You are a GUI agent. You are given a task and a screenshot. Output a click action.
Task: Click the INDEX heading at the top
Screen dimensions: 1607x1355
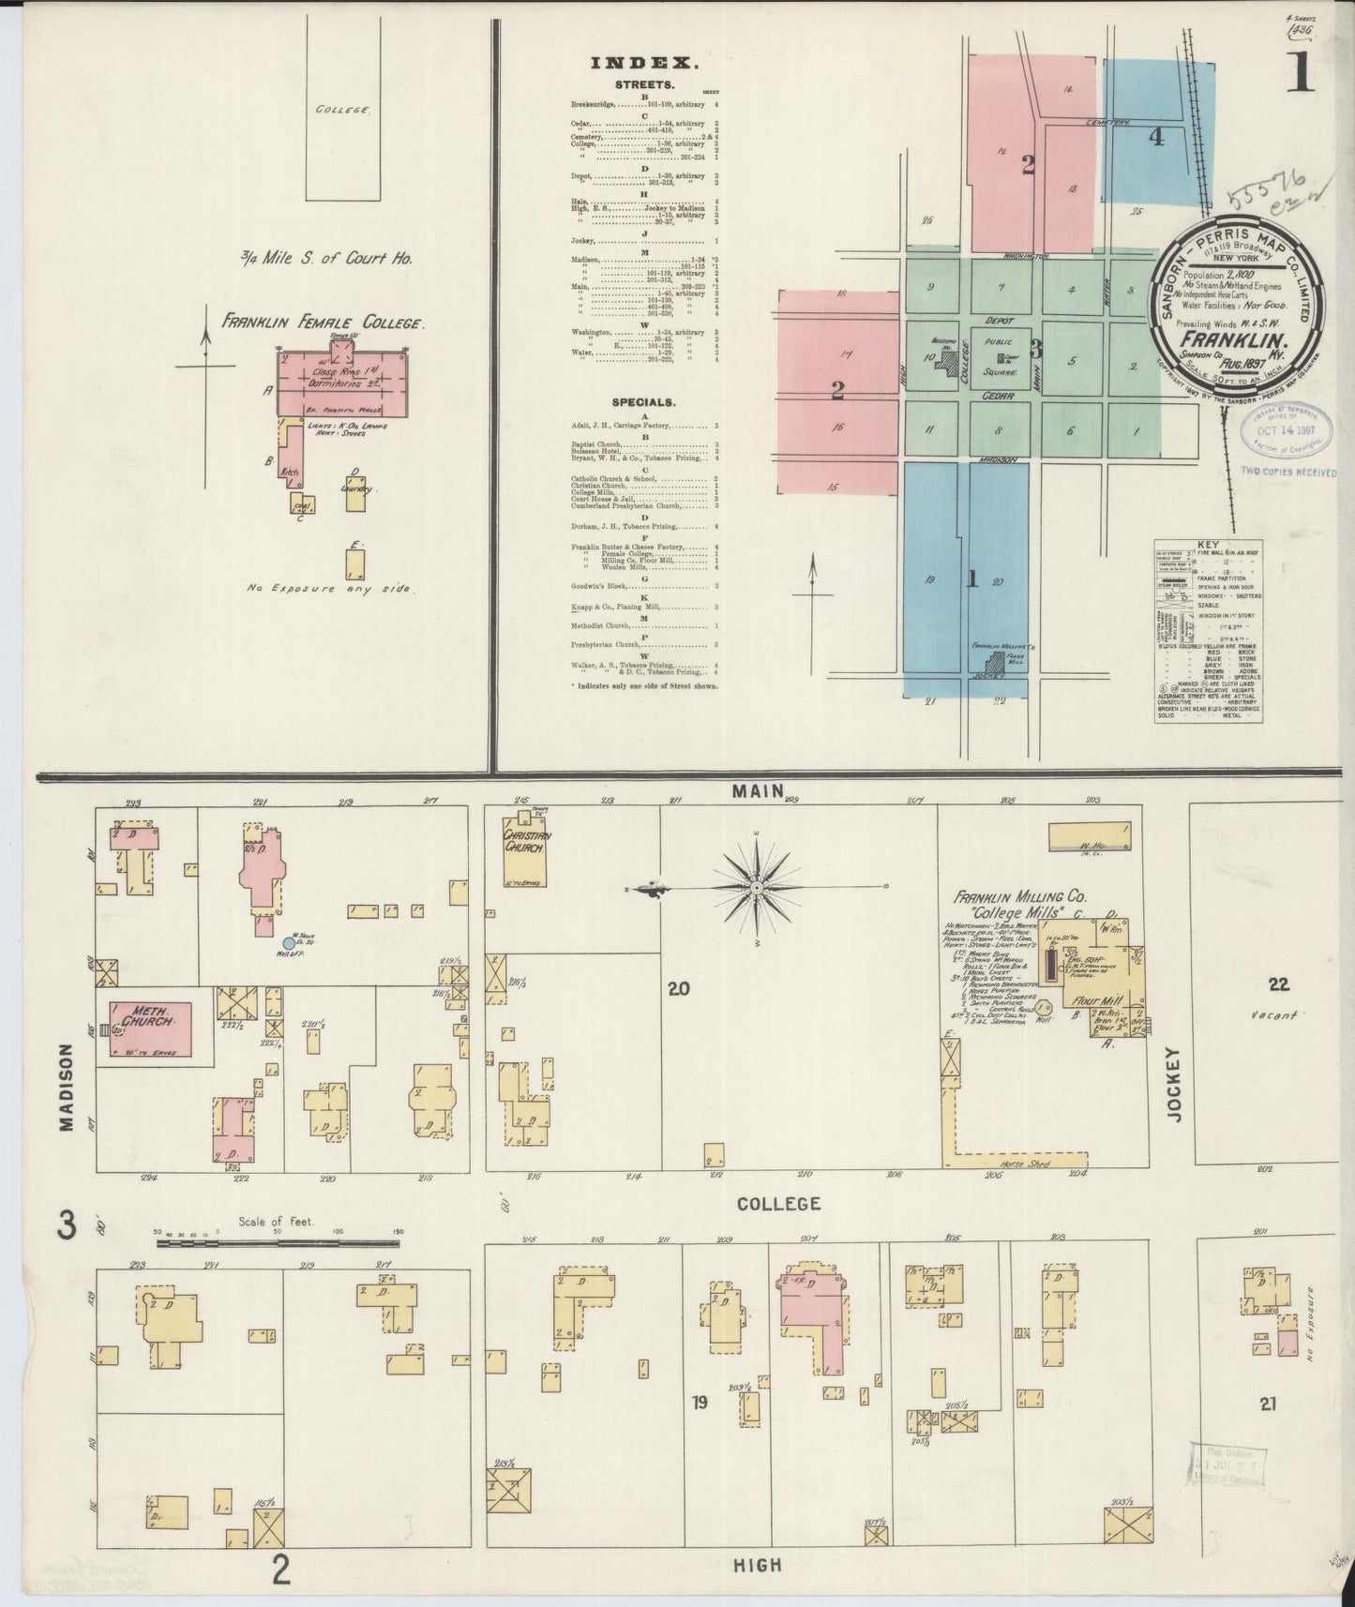pyautogui.click(x=644, y=65)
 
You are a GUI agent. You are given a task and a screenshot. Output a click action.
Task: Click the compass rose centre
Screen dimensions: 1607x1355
pyautogui.click(x=756, y=887)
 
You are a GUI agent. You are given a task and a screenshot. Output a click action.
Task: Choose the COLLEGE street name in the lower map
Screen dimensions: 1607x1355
pyautogui.click(x=777, y=1203)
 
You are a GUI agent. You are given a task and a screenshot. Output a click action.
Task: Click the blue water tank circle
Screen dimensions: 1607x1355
pyautogui.click(x=288, y=943)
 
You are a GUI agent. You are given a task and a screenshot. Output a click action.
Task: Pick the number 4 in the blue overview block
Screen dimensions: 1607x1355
pyautogui.click(x=1156, y=137)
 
